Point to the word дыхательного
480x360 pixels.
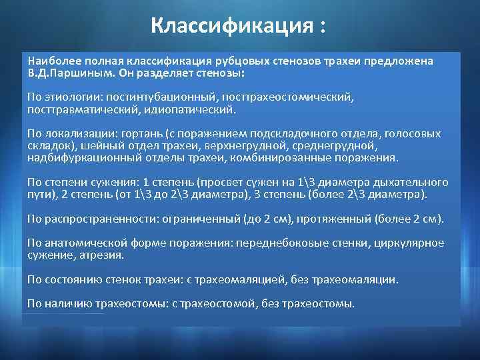click(415, 183)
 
